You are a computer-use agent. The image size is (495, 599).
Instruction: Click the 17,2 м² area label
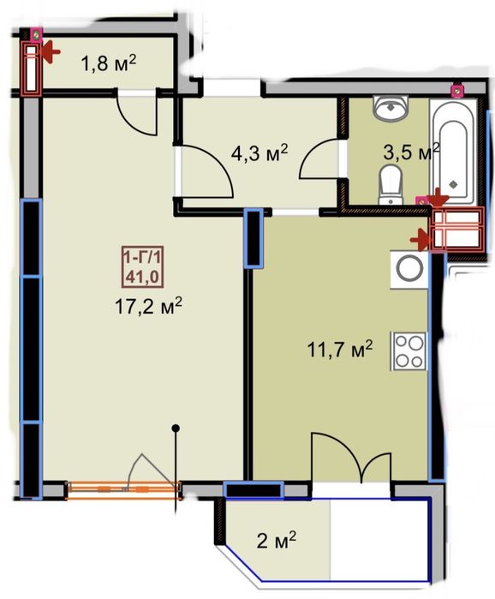coord(148,307)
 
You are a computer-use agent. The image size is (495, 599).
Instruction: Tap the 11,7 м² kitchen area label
coord(340,349)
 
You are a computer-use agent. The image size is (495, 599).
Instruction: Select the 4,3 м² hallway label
coord(259,153)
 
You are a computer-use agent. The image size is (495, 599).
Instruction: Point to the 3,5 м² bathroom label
coord(411,152)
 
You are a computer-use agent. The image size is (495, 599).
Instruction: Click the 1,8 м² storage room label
coord(109,63)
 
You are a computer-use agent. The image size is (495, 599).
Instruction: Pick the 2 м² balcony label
coord(277,540)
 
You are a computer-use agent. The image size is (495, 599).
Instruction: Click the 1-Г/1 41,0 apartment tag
coord(142,267)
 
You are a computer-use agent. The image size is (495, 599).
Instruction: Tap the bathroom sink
coord(391,108)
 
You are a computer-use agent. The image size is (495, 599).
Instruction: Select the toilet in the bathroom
coord(391,185)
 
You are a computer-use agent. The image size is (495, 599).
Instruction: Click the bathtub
coord(453,152)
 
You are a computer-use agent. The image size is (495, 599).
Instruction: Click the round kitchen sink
coord(409,269)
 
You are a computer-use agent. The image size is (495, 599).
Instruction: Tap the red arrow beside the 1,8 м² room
coord(50,52)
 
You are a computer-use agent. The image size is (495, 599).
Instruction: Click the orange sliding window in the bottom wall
coord(123,490)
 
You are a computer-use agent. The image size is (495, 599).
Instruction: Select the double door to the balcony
coord(351,458)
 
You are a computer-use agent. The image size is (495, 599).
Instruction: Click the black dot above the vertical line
coord(176,428)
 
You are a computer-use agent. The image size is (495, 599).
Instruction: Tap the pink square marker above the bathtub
coord(457,90)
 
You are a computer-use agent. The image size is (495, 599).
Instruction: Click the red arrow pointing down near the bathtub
coord(438,198)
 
